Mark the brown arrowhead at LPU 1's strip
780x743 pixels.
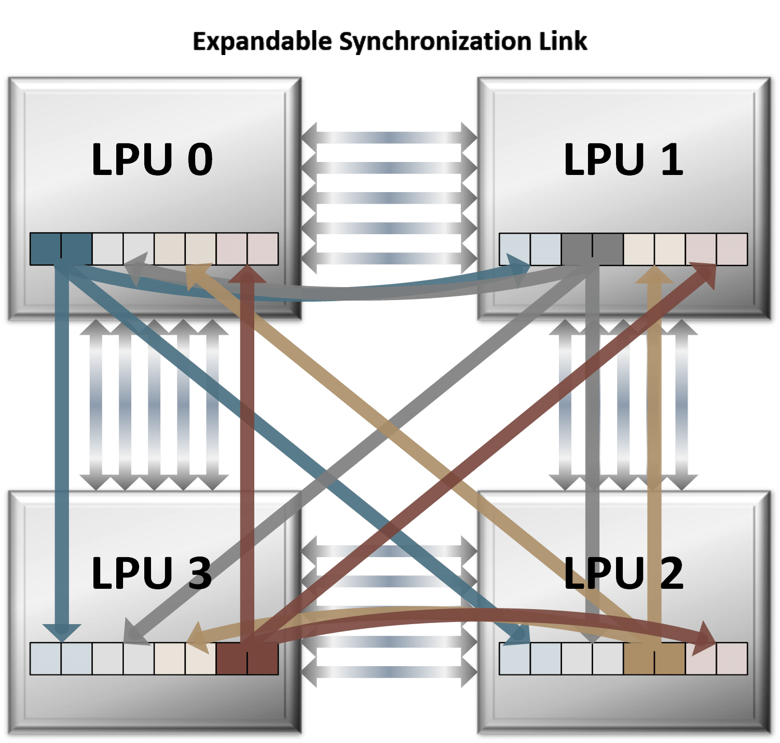[x=706, y=274]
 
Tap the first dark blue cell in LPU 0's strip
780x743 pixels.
[x=46, y=249]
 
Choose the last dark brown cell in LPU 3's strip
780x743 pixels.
[x=263, y=659]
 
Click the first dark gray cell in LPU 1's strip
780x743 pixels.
[x=577, y=249]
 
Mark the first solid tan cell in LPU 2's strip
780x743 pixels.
[x=639, y=659]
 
